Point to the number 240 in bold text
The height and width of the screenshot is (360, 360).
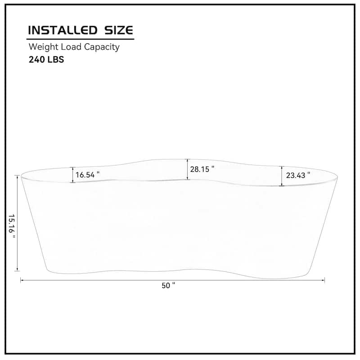click(37, 60)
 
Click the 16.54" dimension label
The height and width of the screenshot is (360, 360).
click(87, 175)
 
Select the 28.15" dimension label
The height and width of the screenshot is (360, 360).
click(202, 169)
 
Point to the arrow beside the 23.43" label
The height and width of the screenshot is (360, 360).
click(282, 176)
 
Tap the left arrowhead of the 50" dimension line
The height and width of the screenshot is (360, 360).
click(22, 280)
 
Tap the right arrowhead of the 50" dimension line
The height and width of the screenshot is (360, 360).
click(323, 280)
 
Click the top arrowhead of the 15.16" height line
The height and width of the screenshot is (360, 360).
click(18, 177)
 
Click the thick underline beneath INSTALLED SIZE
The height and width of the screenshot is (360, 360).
click(81, 39)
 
